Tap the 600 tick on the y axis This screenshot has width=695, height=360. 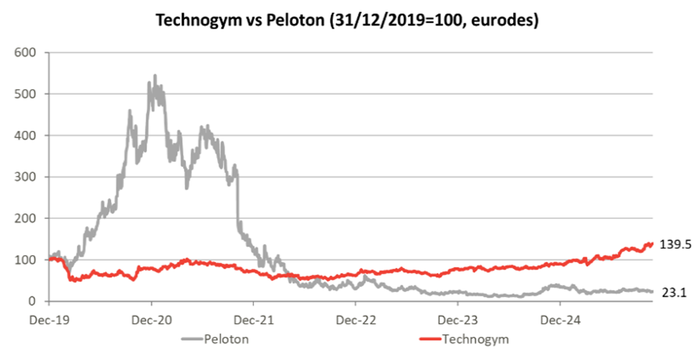coord(25,53)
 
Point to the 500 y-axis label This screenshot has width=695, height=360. coord(25,94)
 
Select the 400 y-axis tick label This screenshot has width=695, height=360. coord(25,136)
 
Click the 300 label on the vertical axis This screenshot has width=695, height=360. coord(25,177)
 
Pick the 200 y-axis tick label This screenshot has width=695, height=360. coord(25,219)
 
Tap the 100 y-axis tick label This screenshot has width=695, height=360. coord(25,260)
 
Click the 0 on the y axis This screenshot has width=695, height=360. coord(32,301)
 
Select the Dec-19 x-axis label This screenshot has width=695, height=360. coord(49,320)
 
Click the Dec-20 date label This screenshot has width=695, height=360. coord(152,320)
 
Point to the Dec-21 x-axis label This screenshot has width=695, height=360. coord(254,320)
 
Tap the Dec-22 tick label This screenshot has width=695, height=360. coord(356,320)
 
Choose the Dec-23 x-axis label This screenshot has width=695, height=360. coord(458,320)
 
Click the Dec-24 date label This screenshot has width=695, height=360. coord(560,320)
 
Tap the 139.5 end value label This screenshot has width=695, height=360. coord(675,245)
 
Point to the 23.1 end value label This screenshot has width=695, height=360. coord(674,292)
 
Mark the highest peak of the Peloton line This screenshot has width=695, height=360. coord(155,76)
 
